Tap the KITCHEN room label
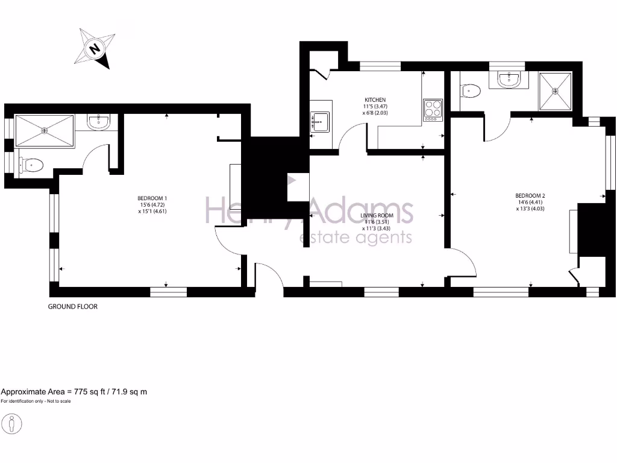tap(375, 99)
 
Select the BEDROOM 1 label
tap(152, 198)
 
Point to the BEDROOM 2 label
tap(530, 195)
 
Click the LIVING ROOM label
tap(377, 215)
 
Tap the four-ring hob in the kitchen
tap(433, 110)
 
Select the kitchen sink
tap(320, 121)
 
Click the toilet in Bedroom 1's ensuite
tap(31, 165)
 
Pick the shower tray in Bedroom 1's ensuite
tap(44, 130)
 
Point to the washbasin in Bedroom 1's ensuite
tap(98, 122)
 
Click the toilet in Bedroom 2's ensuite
tap(469, 91)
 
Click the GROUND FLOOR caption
tap(72, 306)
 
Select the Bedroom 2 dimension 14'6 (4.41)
tap(530, 202)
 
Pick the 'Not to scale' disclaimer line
tap(36, 402)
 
